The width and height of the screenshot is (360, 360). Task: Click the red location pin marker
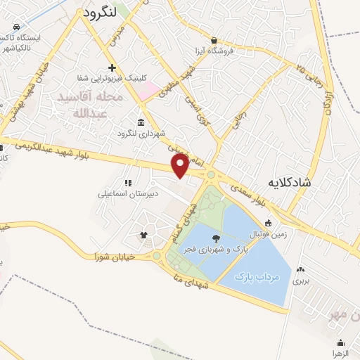click(x=181, y=165)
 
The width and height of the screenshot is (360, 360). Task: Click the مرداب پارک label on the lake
click(x=258, y=276)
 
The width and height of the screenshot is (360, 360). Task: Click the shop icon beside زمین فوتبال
click(x=268, y=224)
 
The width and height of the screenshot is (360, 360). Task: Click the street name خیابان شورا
click(x=115, y=257)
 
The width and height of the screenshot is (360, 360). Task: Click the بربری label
click(x=300, y=281)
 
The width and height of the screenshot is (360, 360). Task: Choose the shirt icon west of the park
click(x=144, y=235)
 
